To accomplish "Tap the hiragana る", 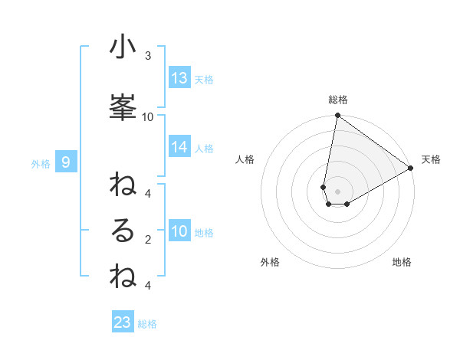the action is (123, 231).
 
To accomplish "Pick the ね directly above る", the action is (123, 185).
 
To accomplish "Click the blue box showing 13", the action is (179, 78).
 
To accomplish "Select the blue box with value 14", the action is (179, 147).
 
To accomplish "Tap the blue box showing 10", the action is (179, 231).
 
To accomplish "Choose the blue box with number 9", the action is (66, 162).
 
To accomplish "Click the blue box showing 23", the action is (123, 322).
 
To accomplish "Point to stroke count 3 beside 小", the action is (148, 56).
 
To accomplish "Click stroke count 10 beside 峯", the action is (148, 116).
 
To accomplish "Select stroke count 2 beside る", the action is (148, 240).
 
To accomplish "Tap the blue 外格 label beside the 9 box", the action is (40, 163).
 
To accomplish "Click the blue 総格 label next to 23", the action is (147, 324).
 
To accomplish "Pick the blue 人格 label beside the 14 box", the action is (204, 148).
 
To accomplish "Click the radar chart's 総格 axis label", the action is (338, 100).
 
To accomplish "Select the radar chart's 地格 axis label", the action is (402, 263).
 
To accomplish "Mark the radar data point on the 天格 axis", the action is (410, 169).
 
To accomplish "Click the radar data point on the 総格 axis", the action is (337, 116).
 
